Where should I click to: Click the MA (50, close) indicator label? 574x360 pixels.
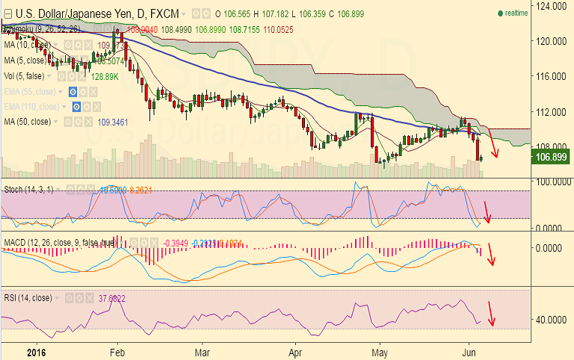tap(28, 121)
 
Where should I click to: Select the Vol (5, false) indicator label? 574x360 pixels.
tap(23, 76)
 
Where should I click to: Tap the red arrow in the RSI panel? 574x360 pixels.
tap(491, 313)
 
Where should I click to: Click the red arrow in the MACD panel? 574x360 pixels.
tap(491, 255)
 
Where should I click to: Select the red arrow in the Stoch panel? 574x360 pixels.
tap(487, 211)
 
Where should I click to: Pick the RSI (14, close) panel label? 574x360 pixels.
tap(28, 297)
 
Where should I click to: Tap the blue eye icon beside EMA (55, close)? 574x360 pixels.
tap(73, 91)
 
